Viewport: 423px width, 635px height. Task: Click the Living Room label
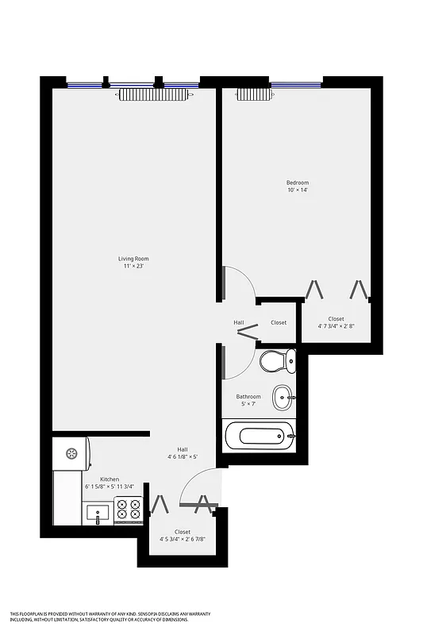click(133, 259)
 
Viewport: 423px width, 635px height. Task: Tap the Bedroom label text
click(298, 183)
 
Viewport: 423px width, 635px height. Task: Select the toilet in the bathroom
click(277, 361)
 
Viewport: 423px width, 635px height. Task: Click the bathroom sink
click(282, 396)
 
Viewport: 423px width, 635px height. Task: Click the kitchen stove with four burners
click(128, 510)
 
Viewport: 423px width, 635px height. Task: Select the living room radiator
click(156, 94)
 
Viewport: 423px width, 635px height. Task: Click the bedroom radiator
click(254, 94)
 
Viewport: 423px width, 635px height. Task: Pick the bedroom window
click(295, 83)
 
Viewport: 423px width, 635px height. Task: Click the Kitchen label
click(110, 479)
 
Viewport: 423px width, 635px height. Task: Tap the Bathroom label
click(248, 397)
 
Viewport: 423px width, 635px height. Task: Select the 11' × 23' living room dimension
click(133, 267)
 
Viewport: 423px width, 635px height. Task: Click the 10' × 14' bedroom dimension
click(298, 190)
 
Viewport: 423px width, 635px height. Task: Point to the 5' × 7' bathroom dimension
click(248, 405)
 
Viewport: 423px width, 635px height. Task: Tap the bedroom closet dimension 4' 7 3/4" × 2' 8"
click(336, 325)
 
